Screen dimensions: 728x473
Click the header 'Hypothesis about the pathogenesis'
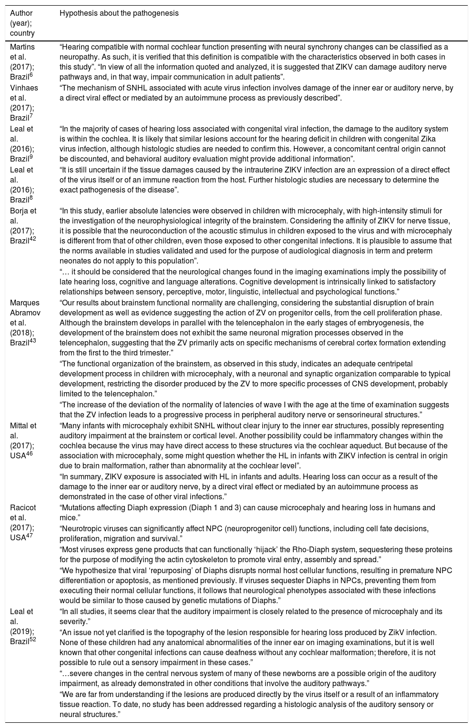tap(119, 13)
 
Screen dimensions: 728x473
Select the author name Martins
tap(22, 47)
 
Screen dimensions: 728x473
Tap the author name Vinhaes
tap(24, 88)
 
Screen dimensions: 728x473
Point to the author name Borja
tap(20, 211)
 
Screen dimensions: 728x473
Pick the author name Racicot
tap(23, 508)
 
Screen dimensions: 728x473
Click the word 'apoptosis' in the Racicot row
tap(121, 580)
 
